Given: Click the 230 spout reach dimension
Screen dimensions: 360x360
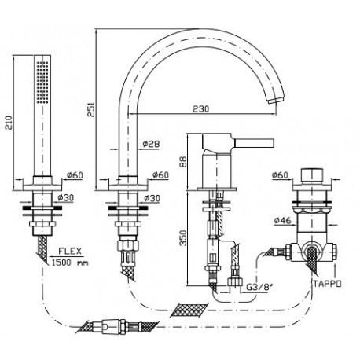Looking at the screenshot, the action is [x=201, y=108].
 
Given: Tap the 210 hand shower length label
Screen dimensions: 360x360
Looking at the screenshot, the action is [x=9, y=122].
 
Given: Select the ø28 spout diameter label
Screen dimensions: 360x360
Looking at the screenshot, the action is [x=151, y=144].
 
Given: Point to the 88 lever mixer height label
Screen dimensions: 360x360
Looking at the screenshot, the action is [x=183, y=162].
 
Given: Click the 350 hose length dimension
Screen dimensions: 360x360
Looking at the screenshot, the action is [x=184, y=237].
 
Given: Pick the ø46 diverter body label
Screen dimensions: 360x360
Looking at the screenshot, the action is [x=283, y=220].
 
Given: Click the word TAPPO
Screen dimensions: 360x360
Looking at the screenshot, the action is [x=328, y=284].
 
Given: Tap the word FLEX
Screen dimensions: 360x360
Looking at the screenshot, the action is [x=70, y=252].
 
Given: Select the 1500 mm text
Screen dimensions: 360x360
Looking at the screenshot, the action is [x=70, y=263].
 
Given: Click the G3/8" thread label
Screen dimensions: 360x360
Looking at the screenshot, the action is [x=260, y=288].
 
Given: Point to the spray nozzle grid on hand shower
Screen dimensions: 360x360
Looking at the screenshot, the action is [x=42, y=81].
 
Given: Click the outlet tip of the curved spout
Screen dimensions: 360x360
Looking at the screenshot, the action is [x=275, y=100].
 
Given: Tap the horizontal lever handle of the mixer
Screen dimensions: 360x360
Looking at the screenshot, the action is [x=254, y=143].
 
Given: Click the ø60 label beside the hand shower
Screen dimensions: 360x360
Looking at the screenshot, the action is [x=75, y=174].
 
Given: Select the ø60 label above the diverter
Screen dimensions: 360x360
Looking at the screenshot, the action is [x=280, y=174].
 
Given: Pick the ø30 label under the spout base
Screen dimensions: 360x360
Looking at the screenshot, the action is [x=152, y=198].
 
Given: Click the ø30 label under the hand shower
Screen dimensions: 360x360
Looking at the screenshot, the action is [x=65, y=197].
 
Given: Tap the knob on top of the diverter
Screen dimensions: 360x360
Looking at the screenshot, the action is [x=311, y=175].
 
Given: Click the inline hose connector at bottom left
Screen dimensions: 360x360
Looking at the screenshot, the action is [x=113, y=327].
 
